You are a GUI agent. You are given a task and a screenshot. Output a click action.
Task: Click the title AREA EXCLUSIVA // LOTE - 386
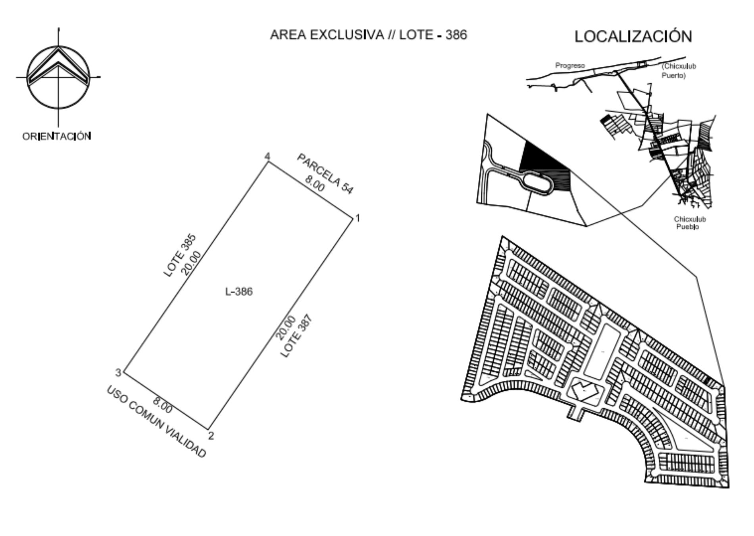click(368, 35)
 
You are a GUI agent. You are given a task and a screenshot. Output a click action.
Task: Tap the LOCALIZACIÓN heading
click(633, 37)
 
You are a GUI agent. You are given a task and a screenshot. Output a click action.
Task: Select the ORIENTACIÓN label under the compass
click(57, 137)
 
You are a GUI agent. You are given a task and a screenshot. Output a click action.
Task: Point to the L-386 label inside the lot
click(239, 292)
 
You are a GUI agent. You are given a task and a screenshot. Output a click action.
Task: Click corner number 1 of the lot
click(358, 218)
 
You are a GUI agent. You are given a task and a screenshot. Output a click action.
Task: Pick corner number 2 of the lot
click(211, 436)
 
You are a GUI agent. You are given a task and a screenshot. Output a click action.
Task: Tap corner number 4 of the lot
click(267, 156)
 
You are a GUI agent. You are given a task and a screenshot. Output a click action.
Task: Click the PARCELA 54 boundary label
click(325, 174)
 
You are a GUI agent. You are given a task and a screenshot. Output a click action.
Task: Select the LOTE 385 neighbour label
click(180, 256)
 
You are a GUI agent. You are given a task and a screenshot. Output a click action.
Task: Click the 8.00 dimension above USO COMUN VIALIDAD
click(163, 405)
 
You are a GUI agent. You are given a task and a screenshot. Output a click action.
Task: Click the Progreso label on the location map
click(570, 66)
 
